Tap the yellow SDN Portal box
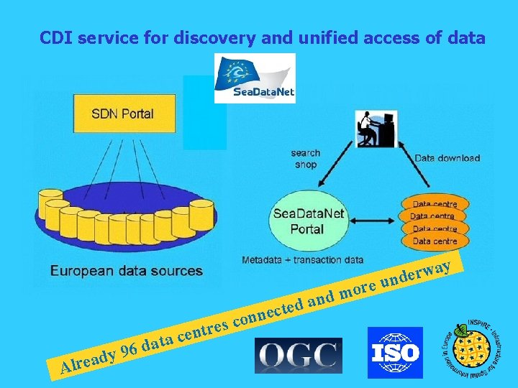[122, 114]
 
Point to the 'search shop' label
[306, 159]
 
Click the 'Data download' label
[447, 158]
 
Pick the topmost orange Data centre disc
[433, 204]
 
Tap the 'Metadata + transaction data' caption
[303, 259]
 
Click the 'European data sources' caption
[127, 271]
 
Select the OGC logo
[299, 355]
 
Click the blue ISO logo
[395, 352]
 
